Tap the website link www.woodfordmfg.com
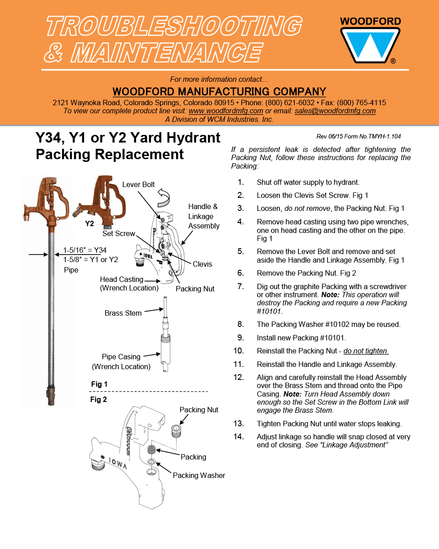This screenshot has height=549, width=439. (226, 111)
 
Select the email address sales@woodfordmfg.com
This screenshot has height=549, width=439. (335, 111)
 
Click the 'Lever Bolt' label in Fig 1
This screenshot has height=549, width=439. (138, 185)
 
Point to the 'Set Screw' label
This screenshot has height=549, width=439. (119, 233)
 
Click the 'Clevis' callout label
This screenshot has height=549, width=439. (202, 264)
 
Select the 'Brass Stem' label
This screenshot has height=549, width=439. (123, 313)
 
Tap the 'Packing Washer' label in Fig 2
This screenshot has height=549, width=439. (199, 475)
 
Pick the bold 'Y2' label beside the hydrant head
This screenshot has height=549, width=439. (89, 223)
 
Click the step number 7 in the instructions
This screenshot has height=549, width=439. (240, 286)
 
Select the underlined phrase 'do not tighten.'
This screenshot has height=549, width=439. (366, 351)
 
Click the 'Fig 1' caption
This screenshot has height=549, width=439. (99, 384)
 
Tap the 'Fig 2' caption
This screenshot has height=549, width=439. (98, 399)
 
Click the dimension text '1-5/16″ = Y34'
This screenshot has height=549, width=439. (85, 250)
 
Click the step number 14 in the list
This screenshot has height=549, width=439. (239, 437)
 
